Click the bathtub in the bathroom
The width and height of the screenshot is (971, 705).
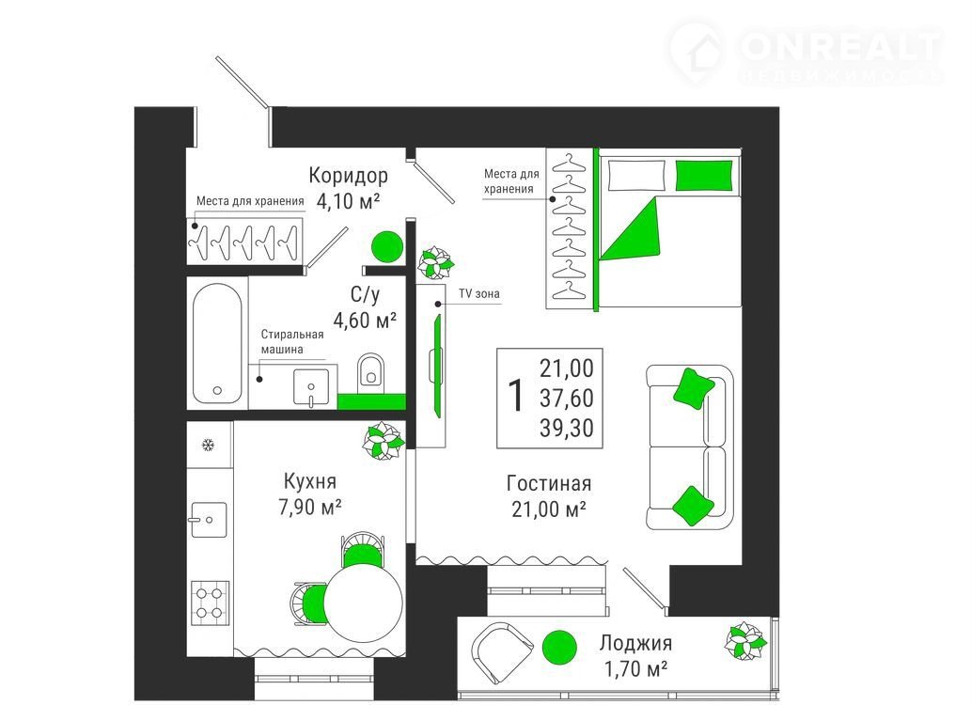click(217, 343)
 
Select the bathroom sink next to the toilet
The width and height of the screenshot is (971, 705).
click(311, 388)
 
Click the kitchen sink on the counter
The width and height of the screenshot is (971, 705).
click(209, 519)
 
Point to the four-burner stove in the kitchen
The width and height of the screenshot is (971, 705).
click(210, 603)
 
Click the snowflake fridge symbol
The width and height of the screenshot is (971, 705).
click(208, 445)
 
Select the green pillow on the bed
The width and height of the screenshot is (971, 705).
click(703, 176)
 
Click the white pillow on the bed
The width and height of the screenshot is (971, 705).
click(636, 176)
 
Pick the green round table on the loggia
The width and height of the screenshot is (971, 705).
click(560, 648)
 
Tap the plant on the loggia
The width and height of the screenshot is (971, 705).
click(745, 640)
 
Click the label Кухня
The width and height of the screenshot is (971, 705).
click(309, 481)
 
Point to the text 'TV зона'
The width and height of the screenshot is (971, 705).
click(478, 293)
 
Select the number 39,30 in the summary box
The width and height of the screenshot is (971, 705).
click(566, 428)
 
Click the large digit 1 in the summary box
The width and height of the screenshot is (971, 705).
click(515, 397)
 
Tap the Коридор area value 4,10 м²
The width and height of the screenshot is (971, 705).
click(348, 201)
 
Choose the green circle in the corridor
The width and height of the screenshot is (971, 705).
click(387, 246)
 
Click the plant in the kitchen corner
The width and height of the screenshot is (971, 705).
click(383, 441)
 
